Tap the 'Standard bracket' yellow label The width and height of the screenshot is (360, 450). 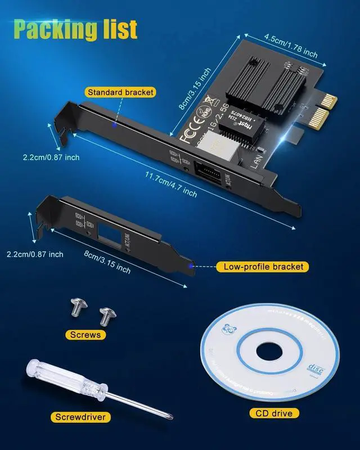[x=120, y=92]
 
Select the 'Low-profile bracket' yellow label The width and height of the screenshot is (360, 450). [x=263, y=267]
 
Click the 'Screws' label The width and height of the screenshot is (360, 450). [x=85, y=334]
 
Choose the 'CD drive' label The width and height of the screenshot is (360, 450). [x=272, y=413]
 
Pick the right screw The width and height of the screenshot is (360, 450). [x=105, y=316]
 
